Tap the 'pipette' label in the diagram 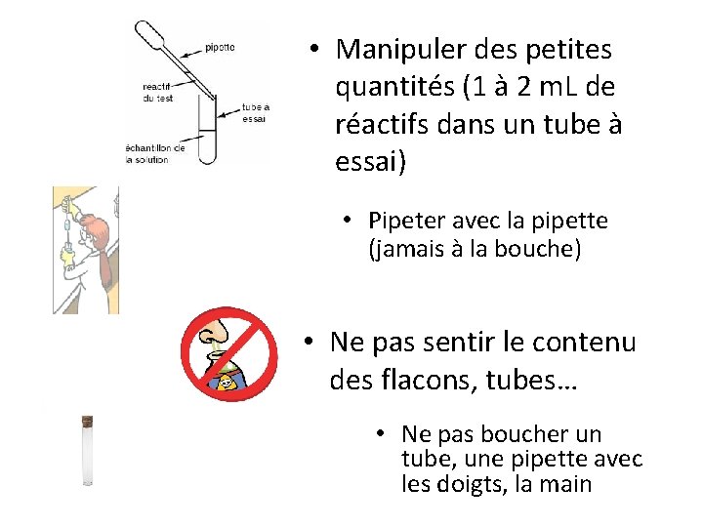(x=220, y=47)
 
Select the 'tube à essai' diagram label (x=256, y=113)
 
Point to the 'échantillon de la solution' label (x=155, y=154)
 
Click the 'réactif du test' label (x=158, y=92)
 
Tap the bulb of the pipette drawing (x=149, y=33)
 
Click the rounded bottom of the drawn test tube (x=208, y=158)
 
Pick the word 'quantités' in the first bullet (x=395, y=88)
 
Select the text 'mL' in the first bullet (x=558, y=87)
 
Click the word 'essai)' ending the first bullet (x=371, y=161)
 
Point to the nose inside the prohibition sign (x=214, y=332)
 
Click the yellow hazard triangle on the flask (x=226, y=382)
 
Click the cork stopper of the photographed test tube (x=87, y=421)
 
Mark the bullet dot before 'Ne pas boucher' (x=381, y=433)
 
